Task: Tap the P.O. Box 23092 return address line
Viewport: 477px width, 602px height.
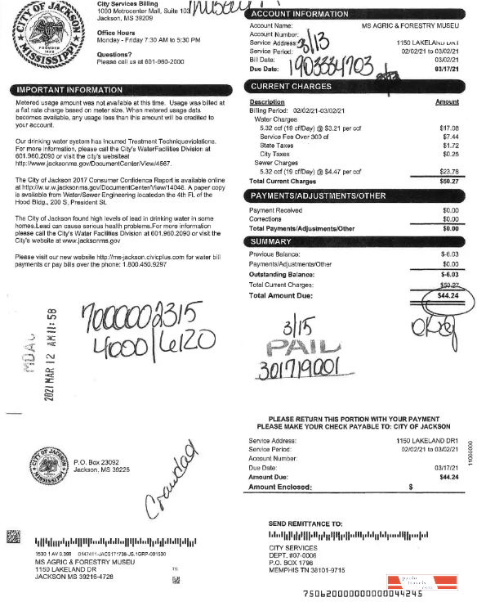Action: pos(100,462)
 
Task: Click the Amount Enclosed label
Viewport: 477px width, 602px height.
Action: pos(279,487)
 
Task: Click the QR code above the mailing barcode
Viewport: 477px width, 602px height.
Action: pos(13,538)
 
